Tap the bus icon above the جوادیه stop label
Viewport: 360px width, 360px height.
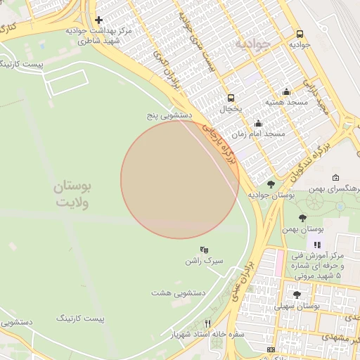pyautogui.click(x=300, y=34)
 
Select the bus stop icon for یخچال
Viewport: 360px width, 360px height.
pyautogui.click(x=231, y=98)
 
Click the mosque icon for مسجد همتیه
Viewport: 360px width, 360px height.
pyautogui.click(x=286, y=91)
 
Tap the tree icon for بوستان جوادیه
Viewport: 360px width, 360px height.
pyautogui.click(x=271, y=184)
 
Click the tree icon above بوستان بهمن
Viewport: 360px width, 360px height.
pyautogui.click(x=302, y=218)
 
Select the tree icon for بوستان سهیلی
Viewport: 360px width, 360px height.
pyautogui.click(x=297, y=295)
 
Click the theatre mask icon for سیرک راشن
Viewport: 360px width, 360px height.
pyautogui.click(x=204, y=250)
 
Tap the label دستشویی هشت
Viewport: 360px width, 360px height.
pyautogui.click(x=178, y=292)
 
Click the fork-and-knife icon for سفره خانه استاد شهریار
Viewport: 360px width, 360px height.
pyautogui.click(x=207, y=323)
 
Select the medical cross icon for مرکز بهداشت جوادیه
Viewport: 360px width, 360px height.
pyautogui.click(x=99, y=20)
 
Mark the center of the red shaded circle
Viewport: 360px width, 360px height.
pyautogui.click(x=180, y=180)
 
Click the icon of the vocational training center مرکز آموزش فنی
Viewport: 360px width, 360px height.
pyautogui.click(x=317, y=245)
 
